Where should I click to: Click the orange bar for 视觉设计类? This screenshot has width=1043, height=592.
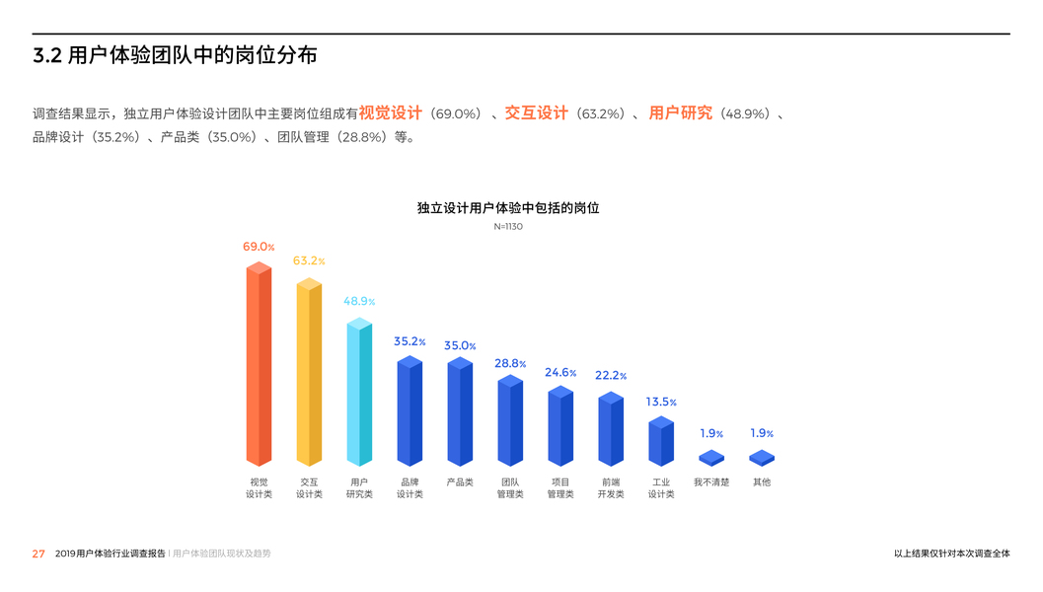259,365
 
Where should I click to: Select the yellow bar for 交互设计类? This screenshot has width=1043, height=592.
309,373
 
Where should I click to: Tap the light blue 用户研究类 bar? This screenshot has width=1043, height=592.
359,393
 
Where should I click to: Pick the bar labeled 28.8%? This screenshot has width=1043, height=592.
510,421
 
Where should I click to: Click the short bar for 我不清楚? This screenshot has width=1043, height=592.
711,458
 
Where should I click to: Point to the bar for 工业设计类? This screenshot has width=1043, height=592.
661,442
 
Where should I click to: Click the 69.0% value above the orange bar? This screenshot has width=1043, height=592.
259,247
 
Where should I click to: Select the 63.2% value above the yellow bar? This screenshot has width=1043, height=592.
308,261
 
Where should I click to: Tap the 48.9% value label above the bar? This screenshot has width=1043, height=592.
359,301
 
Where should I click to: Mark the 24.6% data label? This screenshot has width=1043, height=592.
560,373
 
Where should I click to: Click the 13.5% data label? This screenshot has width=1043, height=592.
661,403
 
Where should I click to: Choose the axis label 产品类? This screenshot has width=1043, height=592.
460,482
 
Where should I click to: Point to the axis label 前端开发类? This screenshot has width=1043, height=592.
611,488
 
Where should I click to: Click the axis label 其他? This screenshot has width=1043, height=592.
762,482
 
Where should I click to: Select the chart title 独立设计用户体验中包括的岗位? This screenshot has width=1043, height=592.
508,208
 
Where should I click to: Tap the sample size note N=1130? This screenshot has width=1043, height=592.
508,227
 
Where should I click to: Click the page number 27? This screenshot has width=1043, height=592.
38,554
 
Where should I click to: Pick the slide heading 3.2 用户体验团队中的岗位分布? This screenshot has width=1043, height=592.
175,56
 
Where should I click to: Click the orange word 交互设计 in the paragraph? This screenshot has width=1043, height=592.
536,113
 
